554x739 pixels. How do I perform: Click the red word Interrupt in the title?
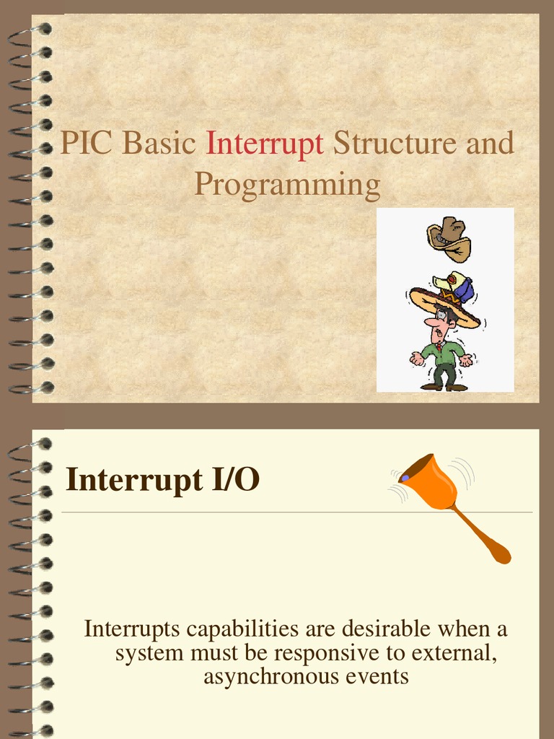click(265, 144)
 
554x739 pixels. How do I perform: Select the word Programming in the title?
click(287, 185)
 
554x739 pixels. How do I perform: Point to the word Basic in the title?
click(159, 143)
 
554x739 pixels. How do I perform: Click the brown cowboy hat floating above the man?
click(449, 238)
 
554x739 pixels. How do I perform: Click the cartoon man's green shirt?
click(443, 354)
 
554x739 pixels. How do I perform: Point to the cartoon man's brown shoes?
click(444, 387)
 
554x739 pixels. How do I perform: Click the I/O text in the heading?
click(235, 480)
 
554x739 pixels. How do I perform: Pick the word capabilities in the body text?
click(243, 629)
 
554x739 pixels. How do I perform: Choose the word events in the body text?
click(382, 677)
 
